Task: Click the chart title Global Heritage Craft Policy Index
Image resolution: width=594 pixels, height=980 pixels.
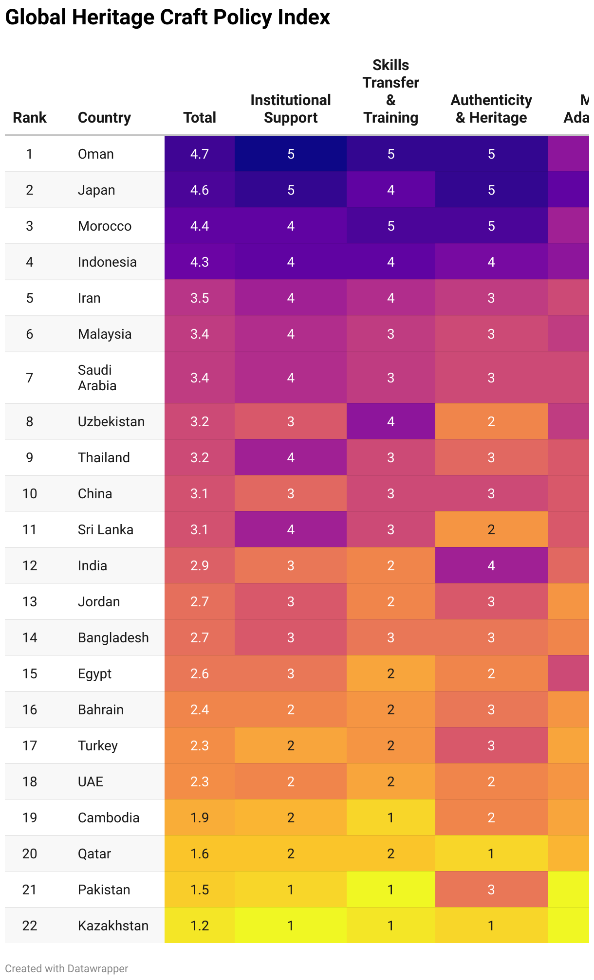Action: tap(167, 18)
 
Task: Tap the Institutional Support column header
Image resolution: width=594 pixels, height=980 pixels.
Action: tap(291, 109)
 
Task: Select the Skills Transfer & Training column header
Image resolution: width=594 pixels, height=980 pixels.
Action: tap(391, 91)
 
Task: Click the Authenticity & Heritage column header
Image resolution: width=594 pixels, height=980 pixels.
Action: tap(491, 109)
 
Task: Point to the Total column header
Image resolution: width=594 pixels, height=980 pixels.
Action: tap(200, 118)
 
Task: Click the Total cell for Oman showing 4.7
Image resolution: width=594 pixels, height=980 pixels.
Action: tap(200, 154)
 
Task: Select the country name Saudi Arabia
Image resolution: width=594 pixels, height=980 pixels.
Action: tap(97, 378)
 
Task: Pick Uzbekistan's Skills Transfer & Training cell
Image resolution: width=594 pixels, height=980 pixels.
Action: tap(391, 421)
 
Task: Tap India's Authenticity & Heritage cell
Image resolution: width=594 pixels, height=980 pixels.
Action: tap(491, 565)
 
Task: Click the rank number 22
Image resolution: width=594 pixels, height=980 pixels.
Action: tap(30, 926)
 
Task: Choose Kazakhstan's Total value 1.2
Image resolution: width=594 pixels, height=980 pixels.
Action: tap(200, 926)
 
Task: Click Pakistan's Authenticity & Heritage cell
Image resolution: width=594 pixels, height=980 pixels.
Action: tap(491, 889)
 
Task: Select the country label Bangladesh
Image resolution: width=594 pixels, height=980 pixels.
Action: tap(113, 637)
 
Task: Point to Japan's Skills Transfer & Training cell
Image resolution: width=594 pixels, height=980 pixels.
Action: tap(391, 190)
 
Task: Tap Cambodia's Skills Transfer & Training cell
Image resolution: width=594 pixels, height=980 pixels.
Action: tap(391, 817)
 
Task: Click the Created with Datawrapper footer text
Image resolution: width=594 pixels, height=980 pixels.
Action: tap(67, 968)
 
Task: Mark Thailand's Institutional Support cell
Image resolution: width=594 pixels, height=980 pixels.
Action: tap(291, 457)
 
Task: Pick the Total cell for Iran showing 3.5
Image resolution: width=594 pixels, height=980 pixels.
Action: tap(200, 298)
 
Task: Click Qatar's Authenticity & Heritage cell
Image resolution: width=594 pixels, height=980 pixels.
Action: tap(491, 853)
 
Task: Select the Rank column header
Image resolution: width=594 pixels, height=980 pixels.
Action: tap(30, 118)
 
